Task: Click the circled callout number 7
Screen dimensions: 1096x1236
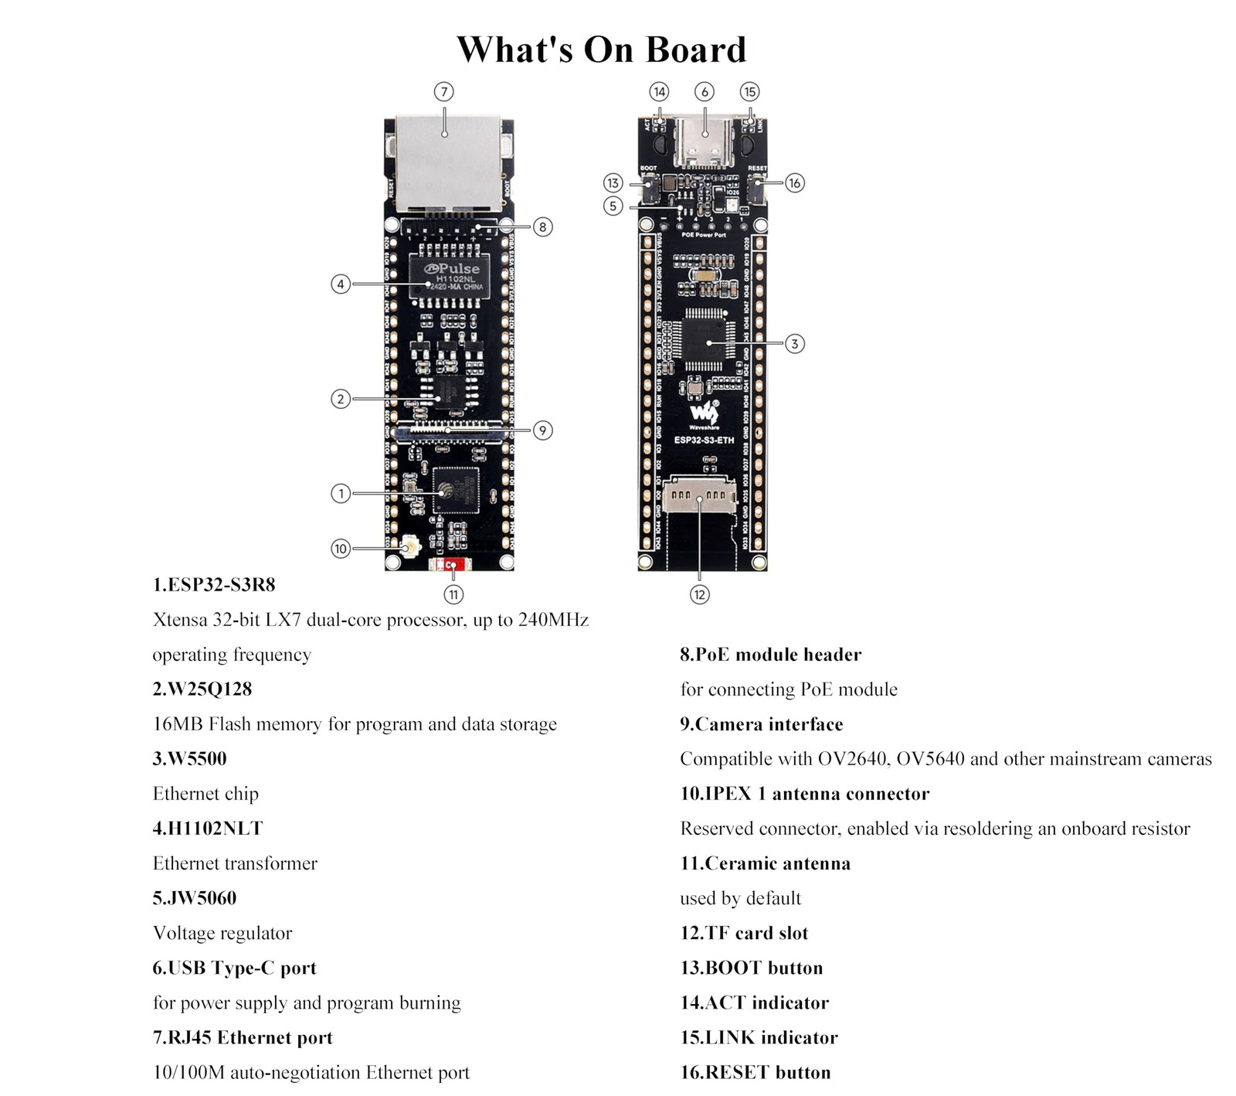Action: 443,92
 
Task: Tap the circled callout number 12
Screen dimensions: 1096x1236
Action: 699,594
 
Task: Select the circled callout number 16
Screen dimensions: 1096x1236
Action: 794,183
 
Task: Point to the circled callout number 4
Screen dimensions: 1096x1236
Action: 341,284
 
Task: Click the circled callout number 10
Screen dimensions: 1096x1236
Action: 341,549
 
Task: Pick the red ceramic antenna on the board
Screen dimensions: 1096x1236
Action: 453,565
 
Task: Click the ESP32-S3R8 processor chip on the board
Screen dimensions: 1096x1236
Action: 455,490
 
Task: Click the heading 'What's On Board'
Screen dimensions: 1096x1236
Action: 601,49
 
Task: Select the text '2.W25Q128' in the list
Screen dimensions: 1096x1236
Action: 202,689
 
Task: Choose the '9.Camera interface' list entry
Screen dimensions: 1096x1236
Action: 761,724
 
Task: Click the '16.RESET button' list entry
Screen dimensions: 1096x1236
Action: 755,1072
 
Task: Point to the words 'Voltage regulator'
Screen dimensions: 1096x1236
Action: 222,933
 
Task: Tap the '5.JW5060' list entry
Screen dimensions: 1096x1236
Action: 195,898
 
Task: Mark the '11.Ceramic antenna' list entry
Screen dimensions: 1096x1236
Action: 765,863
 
